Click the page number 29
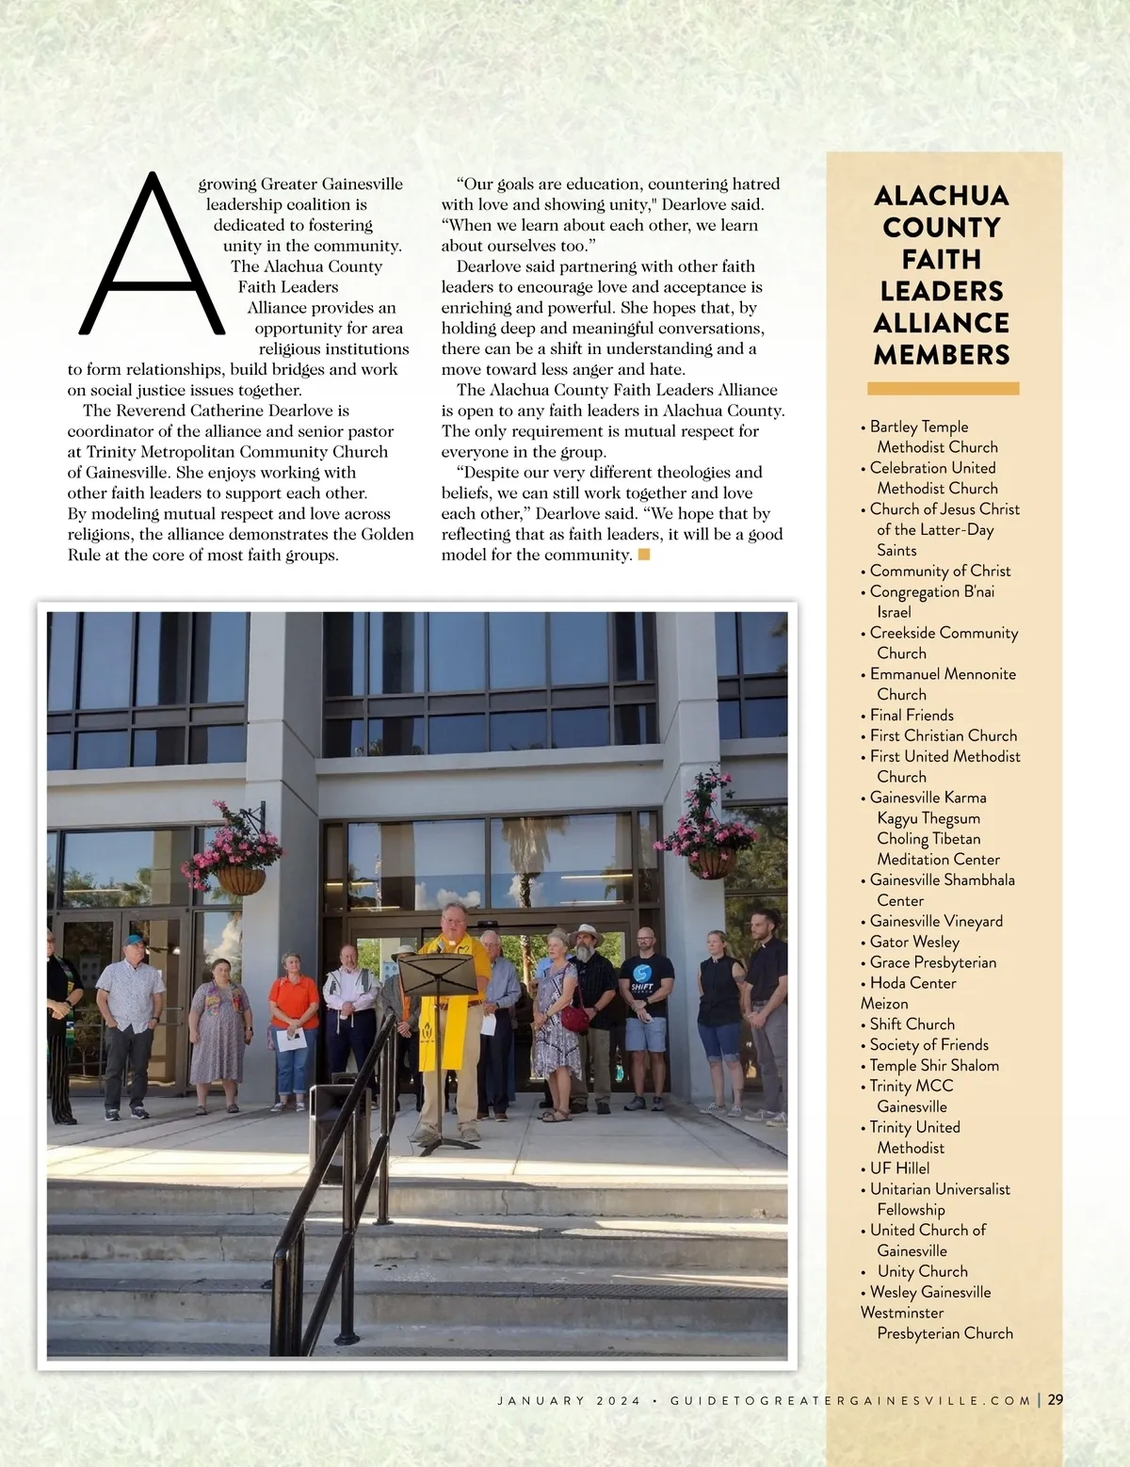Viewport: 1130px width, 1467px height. coord(1055,1399)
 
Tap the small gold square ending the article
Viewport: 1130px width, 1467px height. coord(644,555)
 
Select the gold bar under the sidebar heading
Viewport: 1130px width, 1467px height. coord(943,388)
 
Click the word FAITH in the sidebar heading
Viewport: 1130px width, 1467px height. coord(942,259)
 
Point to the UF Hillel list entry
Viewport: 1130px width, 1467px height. coord(899,1169)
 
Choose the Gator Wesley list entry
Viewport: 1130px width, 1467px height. coord(914,942)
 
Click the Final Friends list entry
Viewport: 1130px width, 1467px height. coord(912,715)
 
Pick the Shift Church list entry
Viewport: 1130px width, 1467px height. coord(912,1024)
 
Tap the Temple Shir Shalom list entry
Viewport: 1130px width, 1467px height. coord(934,1065)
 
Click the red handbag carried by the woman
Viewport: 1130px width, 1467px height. coord(574,1017)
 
